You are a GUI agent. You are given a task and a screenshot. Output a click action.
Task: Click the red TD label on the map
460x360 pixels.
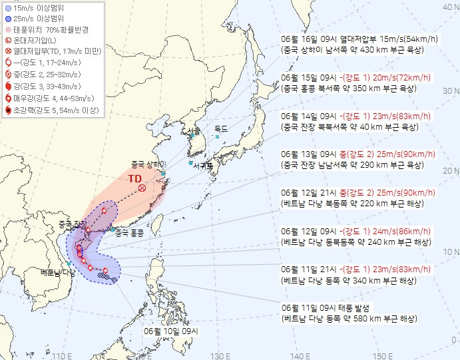135,178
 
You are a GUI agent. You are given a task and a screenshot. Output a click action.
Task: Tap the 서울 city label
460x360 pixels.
194,130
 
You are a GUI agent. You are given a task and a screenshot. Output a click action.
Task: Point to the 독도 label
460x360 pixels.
221,128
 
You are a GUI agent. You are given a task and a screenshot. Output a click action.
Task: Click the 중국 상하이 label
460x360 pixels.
148,164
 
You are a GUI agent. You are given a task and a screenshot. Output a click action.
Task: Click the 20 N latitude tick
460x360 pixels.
450,170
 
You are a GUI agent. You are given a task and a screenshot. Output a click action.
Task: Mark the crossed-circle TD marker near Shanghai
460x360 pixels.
142,188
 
